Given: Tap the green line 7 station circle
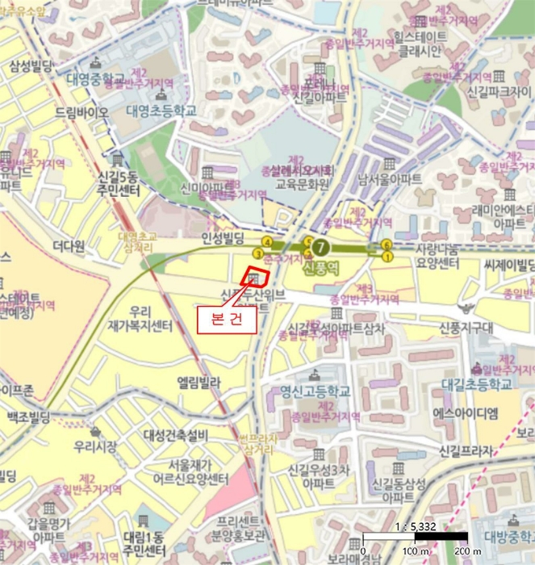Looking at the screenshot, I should pyautogui.click(x=321, y=247).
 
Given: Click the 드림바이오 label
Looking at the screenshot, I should pyautogui.click(x=81, y=114).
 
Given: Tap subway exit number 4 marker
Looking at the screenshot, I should pyautogui.click(x=265, y=242).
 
